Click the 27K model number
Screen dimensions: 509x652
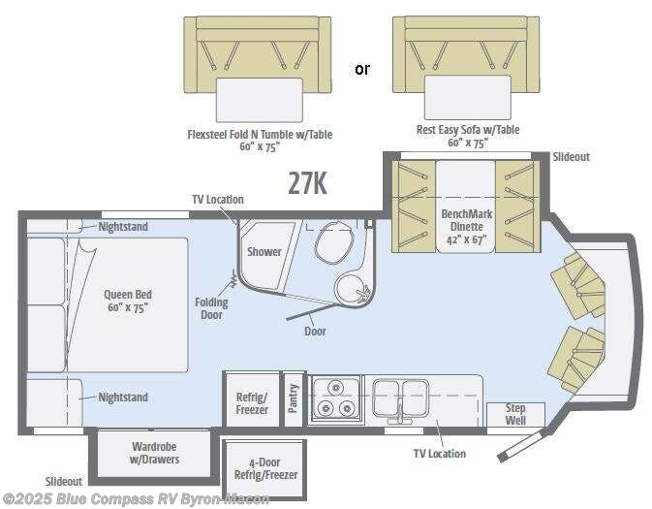(x=307, y=182)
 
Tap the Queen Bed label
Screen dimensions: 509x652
(x=129, y=301)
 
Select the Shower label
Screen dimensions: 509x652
(x=264, y=251)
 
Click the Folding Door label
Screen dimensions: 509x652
(x=211, y=308)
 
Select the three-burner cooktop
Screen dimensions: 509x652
(x=335, y=398)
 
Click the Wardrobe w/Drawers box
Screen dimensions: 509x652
(x=155, y=453)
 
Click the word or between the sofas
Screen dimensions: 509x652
(x=361, y=69)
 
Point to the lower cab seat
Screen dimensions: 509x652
(x=576, y=356)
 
